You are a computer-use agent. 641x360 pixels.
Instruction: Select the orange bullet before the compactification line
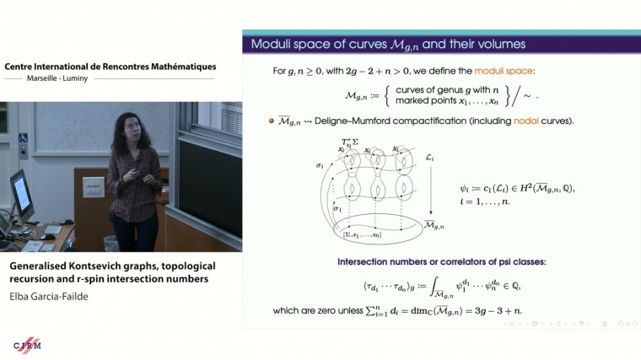(x=272, y=121)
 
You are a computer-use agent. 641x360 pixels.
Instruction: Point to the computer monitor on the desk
(x=20, y=192)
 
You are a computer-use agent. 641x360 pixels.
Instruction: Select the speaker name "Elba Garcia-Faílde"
(x=49, y=297)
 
